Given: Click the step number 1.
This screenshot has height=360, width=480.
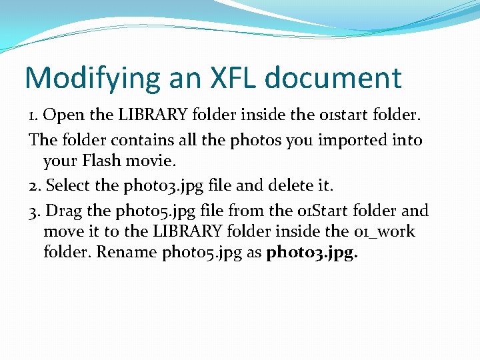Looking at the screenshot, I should [x=32, y=115].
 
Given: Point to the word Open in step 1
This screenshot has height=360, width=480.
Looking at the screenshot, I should [x=64, y=115].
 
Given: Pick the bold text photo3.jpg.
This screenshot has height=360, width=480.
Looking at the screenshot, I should [x=311, y=253].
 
